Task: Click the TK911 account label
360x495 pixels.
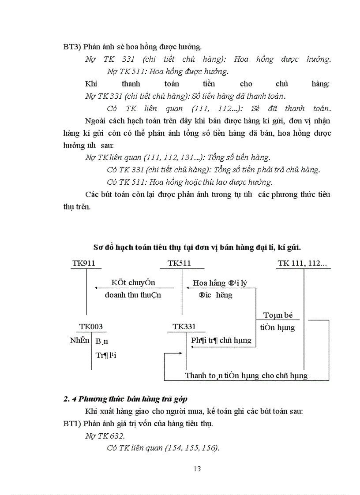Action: (84, 264)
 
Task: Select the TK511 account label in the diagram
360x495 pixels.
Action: (179, 264)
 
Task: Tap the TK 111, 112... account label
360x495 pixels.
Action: (302, 264)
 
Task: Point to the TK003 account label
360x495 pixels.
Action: (91, 327)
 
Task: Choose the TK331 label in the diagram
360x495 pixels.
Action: (184, 327)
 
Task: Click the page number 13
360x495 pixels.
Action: (197, 469)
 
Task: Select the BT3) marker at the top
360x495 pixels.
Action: (72, 46)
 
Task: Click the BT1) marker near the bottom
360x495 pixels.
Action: (72, 424)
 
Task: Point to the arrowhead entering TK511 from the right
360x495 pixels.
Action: (188, 288)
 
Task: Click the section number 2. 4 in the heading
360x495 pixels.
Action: (71, 399)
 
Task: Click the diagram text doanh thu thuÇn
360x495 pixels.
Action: (133, 295)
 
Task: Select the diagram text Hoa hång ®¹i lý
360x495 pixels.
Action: (219, 283)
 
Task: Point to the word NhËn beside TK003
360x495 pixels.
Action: (78, 340)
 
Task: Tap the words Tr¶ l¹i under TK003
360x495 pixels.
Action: (105, 354)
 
